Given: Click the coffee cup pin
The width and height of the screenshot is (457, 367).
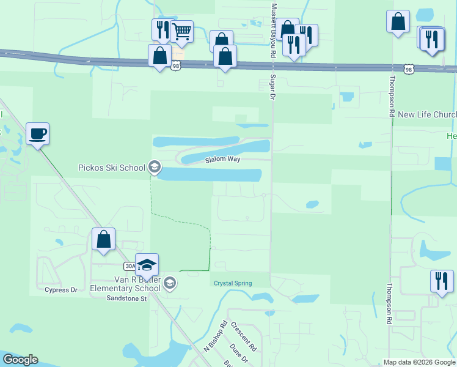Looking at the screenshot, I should click(37, 133).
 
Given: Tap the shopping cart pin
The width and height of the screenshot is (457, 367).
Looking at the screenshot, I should click(181, 31).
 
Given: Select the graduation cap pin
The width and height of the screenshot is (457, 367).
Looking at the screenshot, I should click(147, 265).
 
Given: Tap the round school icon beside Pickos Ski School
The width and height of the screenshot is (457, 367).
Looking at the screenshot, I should click(155, 167).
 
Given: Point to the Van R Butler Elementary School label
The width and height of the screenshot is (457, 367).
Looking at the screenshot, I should click(125, 283).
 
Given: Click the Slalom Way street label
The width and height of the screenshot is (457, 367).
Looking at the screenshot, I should click(222, 160).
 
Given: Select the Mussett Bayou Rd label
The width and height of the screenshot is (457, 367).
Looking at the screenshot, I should click(271, 29).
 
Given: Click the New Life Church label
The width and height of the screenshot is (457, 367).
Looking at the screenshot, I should click(426, 114).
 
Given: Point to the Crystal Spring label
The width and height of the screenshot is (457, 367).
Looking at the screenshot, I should click(232, 283).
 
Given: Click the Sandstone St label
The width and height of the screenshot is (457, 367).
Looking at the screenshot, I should click(127, 298).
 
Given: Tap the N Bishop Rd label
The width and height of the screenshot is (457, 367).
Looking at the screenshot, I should click(216, 336).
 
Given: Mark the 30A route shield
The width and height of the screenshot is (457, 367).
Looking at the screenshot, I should click(130, 266).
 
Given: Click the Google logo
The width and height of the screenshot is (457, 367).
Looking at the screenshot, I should click(20, 360).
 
